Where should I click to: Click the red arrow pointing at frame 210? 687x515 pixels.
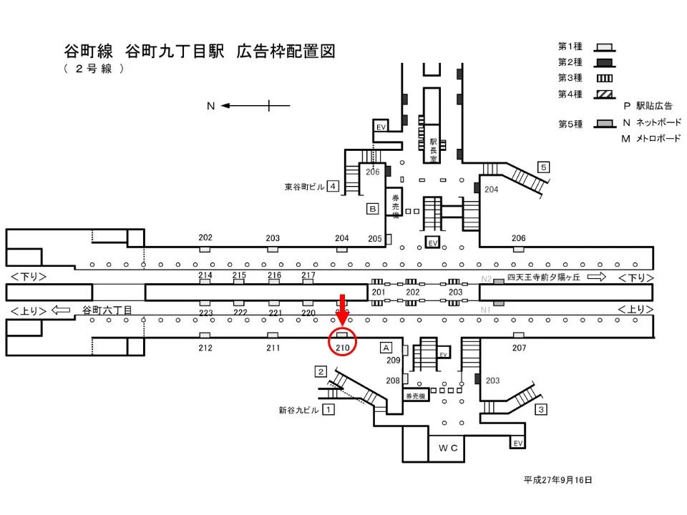[x=343, y=308]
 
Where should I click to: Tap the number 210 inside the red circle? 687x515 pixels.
[x=343, y=348]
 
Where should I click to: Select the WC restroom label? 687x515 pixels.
[x=448, y=448]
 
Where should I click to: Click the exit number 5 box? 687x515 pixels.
[x=544, y=167]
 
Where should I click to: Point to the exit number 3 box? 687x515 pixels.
[x=541, y=410]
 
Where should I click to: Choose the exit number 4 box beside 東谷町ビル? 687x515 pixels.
[x=333, y=187]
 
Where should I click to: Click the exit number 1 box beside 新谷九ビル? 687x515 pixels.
[x=328, y=410]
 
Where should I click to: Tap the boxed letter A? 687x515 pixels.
[x=385, y=347]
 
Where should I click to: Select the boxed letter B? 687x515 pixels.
[x=372, y=209]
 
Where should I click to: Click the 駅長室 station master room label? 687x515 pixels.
[x=433, y=151]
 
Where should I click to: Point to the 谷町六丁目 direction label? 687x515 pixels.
[x=107, y=310]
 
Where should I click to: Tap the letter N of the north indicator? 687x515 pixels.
[x=211, y=106]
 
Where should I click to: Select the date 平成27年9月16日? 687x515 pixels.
[x=557, y=480]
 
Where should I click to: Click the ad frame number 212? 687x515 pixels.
[x=205, y=348]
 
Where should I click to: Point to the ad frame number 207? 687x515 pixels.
[x=519, y=348]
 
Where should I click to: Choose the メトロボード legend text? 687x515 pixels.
[x=656, y=139]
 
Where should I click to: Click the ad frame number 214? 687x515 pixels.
[x=205, y=275]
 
